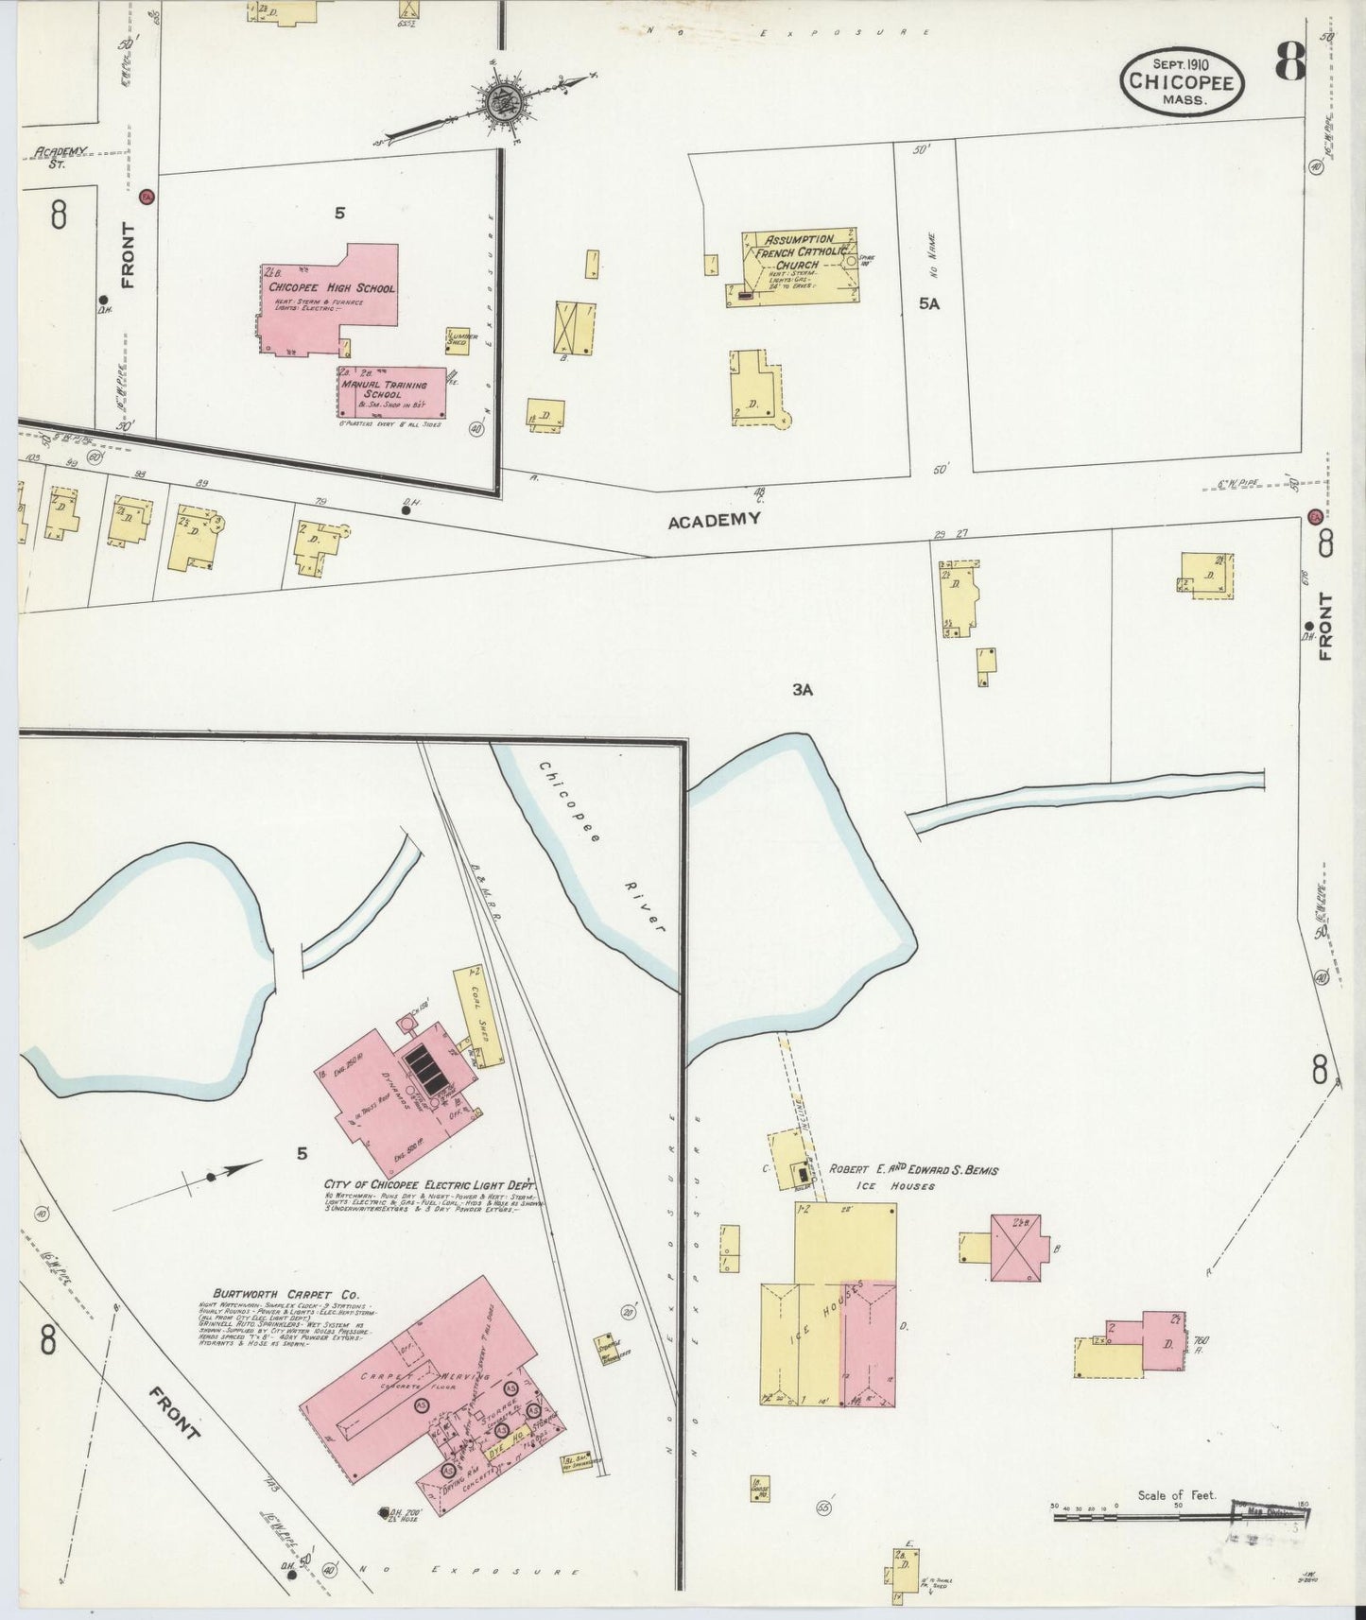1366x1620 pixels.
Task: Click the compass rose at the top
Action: coord(498,97)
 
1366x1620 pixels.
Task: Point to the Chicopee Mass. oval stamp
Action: coord(1182,83)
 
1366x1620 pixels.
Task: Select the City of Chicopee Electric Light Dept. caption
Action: coord(429,1183)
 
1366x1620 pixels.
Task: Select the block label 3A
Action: coord(803,690)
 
